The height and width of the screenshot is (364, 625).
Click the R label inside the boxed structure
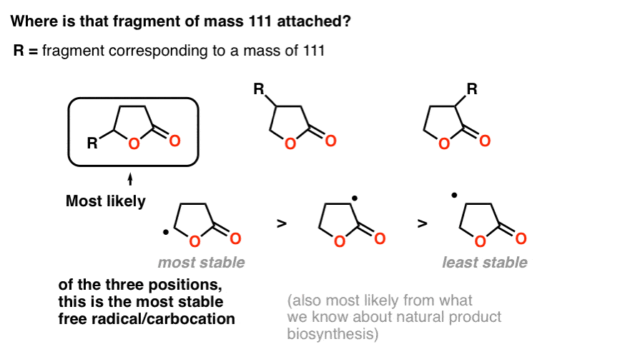(92, 143)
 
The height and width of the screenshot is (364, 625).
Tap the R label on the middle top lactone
(259, 89)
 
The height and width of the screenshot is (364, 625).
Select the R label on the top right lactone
(472, 89)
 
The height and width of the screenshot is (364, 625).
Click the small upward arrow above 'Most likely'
(130, 179)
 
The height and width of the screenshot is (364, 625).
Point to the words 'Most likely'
(106, 201)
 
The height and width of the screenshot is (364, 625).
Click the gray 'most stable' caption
(201, 263)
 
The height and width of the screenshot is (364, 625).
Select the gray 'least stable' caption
(485, 263)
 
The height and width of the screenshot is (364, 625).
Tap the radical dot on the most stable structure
(166, 233)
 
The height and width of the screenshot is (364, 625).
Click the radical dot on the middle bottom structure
(355, 198)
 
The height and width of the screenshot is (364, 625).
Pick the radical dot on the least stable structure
(454, 195)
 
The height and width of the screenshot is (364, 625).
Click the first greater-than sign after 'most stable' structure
(282, 224)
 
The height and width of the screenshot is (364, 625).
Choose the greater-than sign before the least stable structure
(423, 224)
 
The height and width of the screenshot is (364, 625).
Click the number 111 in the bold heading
(260, 21)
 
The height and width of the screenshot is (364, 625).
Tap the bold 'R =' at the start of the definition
(26, 51)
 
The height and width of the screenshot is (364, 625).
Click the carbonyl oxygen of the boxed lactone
(174, 141)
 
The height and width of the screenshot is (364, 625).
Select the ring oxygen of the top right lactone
(444, 143)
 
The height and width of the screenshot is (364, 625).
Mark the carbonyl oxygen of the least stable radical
(521, 238)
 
